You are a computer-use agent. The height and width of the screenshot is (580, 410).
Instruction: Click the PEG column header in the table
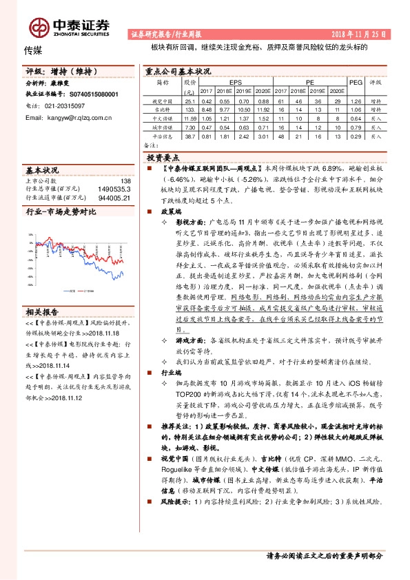356,81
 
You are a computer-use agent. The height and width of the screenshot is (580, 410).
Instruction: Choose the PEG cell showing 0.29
356,137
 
